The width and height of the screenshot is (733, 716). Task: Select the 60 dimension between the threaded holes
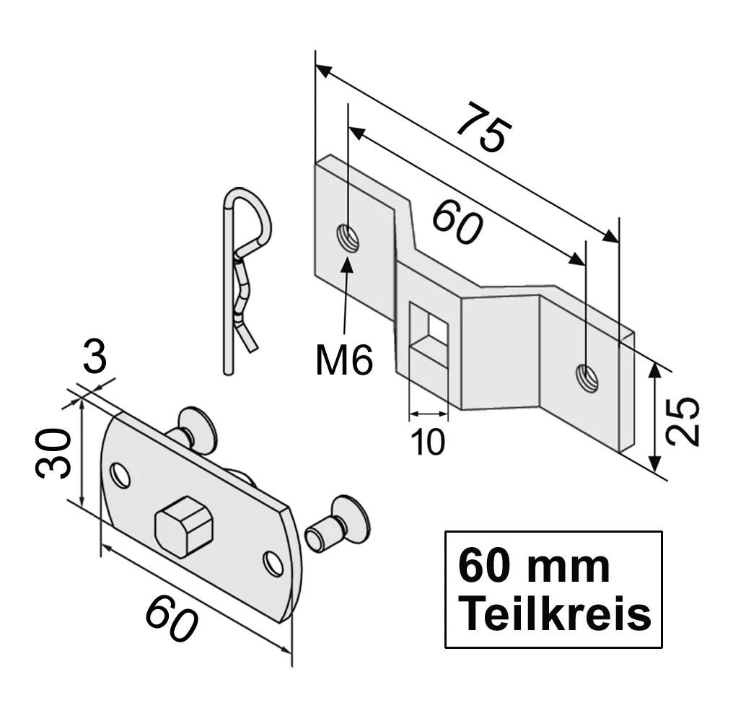click(x=457, y=222)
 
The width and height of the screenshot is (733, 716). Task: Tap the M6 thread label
click(x=344, y=359)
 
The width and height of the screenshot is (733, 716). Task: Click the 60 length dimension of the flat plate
click(x=171, y=620)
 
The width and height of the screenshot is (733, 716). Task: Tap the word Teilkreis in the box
click(x=554, y=616)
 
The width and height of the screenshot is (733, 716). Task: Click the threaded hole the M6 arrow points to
click(x=348, y=237)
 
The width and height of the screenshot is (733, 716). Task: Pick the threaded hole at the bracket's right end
click(x=587, y=377)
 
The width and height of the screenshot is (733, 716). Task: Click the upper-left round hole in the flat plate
click(x=120, y=474)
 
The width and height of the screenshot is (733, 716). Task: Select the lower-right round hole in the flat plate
click(x=273, y=563)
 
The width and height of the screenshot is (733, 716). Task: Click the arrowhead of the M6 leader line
click(x=348, y=261)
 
